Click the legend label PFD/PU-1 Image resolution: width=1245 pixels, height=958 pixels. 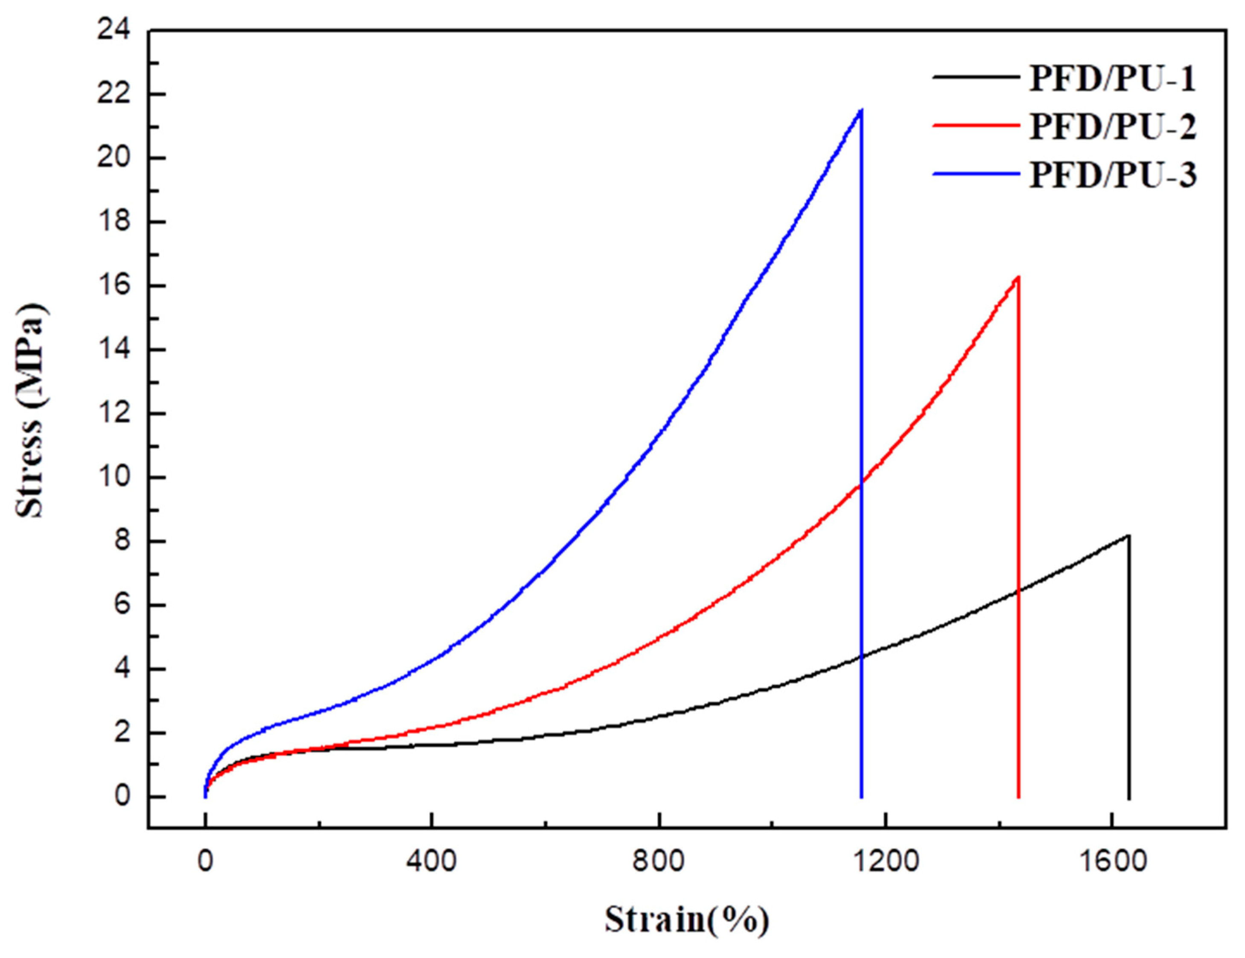pyautogui.click(x=1111, y=79)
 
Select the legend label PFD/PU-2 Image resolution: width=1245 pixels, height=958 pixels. pyautogui.click(x=1111, y=127)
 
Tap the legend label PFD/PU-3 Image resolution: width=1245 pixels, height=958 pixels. pyautogui.click(x=1111, y=175)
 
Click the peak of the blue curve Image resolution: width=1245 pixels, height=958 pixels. pyautogui.click(x=860, y=109)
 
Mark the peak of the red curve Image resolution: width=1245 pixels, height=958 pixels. pyautogui.click(x=1018, y=277)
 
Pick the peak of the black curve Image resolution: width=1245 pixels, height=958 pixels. pyautogui.click(x=1128, y=535)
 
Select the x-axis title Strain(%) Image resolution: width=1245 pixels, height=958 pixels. pyautogui.click(x=686, y=920)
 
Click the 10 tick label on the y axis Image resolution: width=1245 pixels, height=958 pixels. pyautogui.click(x=114, y=477)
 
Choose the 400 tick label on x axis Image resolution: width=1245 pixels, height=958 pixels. pyautogui.click(x=432, y=861)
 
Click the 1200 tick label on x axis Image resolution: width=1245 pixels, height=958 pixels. pyautogui.click(x=885, y=861)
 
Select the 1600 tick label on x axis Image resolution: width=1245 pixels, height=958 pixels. pyautogui.click(x=1112, y=861)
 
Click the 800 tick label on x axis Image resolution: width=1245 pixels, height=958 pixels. pyautogui.click(x=659, y=861)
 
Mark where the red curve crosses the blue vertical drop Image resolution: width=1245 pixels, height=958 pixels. pyautogui.click(x=861, y=484)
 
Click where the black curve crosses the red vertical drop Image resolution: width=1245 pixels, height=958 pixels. pyautogui.click(x=1018, y=591)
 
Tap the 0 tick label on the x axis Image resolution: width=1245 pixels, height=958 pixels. pyautogui.click(x=205, y=861)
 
